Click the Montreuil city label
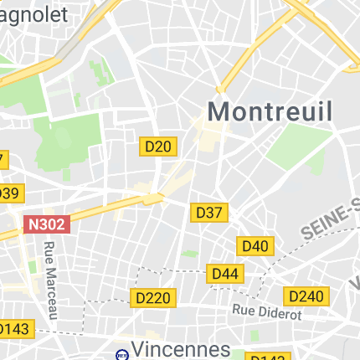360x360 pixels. point(270,111)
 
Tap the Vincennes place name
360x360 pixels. point(182,348)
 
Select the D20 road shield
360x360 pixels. point(157,147)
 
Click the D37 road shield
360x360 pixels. point(208,213)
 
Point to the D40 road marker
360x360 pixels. point(255,245)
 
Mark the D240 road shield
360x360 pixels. point(306,296)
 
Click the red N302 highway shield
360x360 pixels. point(47,224)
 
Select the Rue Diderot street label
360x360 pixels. point(266,312)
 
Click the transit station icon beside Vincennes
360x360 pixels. point(121,353)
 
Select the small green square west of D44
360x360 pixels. point(190,253)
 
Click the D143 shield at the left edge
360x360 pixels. point(15,329)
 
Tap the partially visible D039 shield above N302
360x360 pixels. point(8,193)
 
